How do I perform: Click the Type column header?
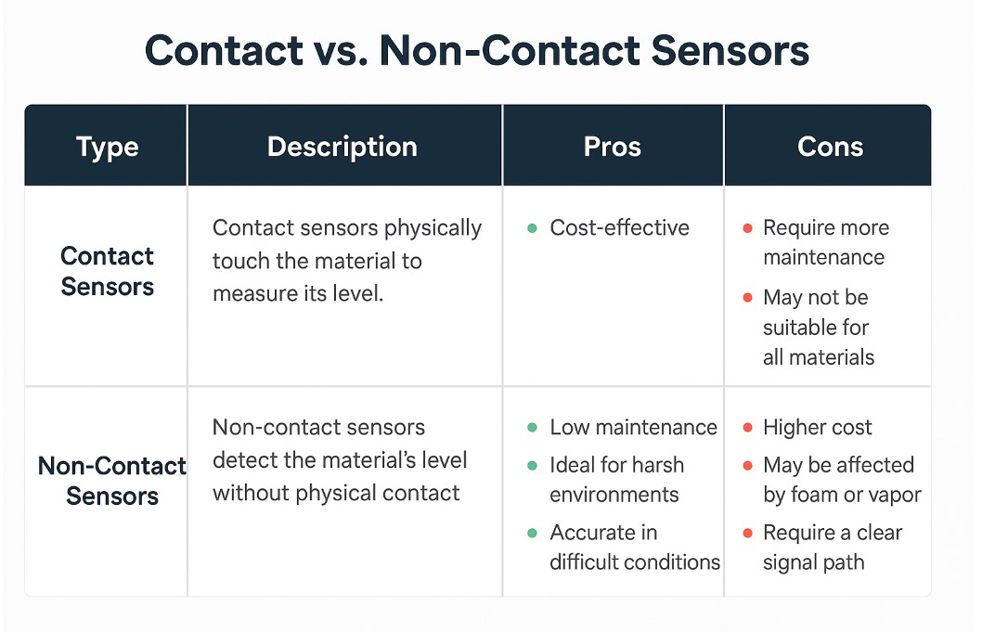108,148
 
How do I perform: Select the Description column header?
342,147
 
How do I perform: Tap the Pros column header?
613,147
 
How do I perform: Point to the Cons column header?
830,147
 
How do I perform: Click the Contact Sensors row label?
108,271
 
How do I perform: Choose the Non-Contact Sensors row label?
111,481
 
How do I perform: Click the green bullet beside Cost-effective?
533,227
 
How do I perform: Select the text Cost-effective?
619,227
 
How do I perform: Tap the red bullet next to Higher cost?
747,428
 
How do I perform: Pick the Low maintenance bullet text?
633,427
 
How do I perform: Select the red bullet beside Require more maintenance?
747,227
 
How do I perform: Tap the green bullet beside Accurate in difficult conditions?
533,533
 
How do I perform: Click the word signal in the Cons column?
790,562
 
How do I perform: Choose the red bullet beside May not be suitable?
747,298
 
